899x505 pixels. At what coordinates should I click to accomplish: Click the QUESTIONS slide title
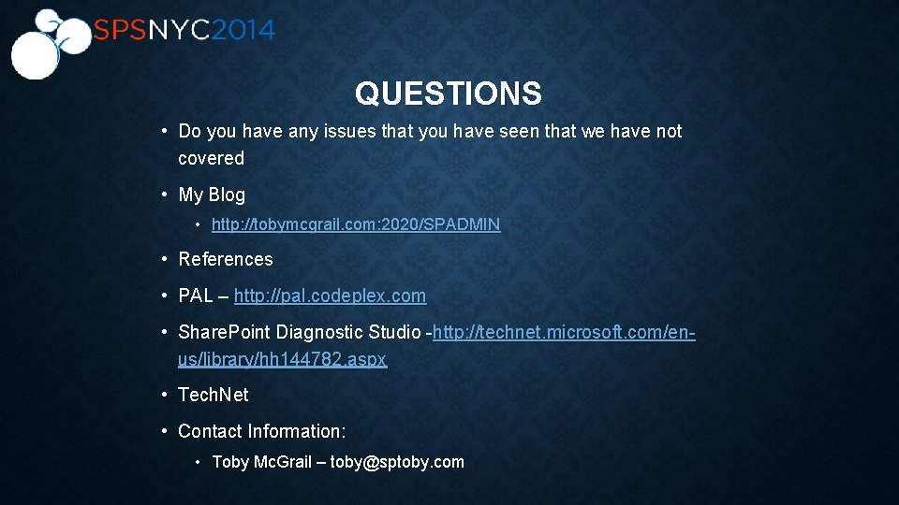(x=448, y=94)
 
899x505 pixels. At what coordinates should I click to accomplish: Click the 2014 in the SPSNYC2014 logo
(x=243, y=30)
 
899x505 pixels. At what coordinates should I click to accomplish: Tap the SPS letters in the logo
(x=118, y=30)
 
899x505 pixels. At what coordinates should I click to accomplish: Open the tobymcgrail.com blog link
(x=356, y=224)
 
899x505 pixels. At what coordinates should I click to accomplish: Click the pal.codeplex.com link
(x=330, y=296)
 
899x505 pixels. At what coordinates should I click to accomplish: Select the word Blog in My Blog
(x=227, y=195)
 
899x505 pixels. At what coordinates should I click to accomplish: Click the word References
(x=226, y=259)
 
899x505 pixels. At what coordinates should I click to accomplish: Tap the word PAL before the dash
(x=196, y=296)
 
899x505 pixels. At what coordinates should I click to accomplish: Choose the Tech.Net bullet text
(x=214, y=395)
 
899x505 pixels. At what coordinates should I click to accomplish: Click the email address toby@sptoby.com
(x=397, y=462)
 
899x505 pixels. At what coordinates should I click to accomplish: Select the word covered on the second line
(x=211, y=158)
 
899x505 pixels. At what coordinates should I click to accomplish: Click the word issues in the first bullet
(x=350, y=132)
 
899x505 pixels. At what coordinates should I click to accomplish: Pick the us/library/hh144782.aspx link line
(x=282, y=359)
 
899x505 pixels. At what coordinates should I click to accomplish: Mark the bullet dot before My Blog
(x=164, y=195)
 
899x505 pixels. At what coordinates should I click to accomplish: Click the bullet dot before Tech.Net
(x=164, y=395)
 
